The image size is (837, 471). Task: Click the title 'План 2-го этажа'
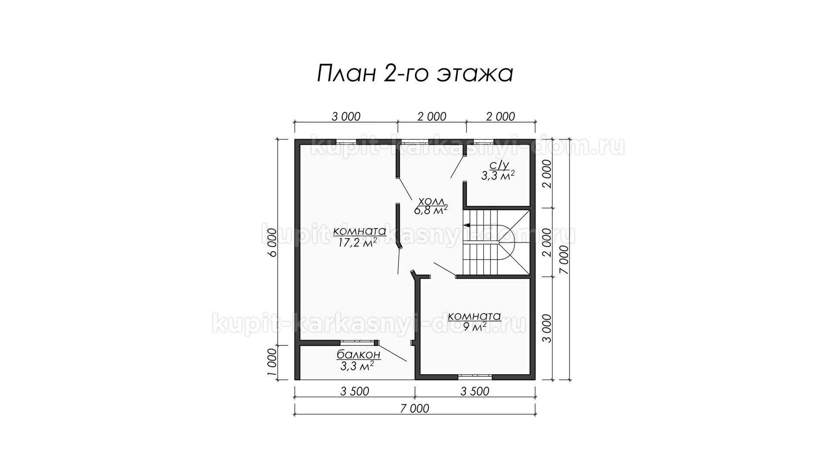tap(415, 74)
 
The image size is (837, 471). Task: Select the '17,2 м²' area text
tap(357, 243)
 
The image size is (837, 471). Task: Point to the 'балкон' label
tap(359, 355)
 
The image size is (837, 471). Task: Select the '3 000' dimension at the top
tap(346, 116)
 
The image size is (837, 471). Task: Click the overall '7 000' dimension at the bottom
tap(415, 409)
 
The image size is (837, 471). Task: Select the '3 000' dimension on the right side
tap(548, 328)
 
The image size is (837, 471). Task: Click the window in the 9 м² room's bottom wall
tap(475, 376)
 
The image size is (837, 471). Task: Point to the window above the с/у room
tap(484, 141)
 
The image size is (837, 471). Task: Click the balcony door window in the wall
tap(357, 342)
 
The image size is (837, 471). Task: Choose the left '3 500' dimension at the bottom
tap(354, 391)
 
